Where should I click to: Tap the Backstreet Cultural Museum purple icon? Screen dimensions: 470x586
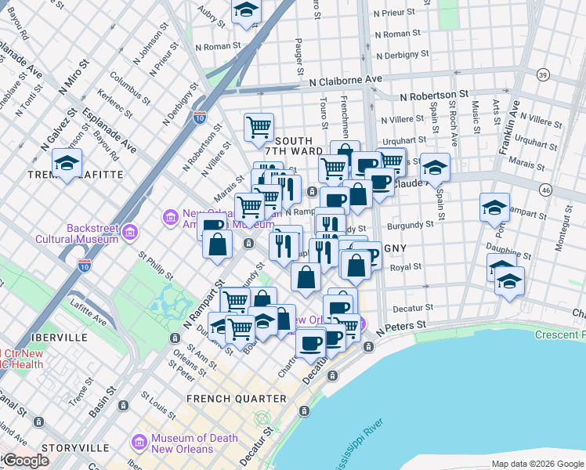pyautogui.click(x=129, y=233)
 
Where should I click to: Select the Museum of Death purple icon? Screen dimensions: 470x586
pyautogui.click(x=139, y=443)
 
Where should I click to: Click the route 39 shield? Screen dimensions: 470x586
pyautogui.click(x=542, y=74)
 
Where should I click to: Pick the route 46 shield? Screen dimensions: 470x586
pyautogui.click(x=546, y=190)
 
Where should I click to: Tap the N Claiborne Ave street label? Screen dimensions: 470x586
pyautogui.click(x=345, y=80)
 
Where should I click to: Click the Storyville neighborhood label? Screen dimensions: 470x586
pyautogui.click(x=77, y=447)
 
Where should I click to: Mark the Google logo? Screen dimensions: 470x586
pyautogui.click(x=25, y=461)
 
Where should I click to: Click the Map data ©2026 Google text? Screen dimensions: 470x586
pyautogui.click(x=537, y=464)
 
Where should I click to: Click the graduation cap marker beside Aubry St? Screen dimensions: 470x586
pyautogui.click(x=247, y=10)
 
